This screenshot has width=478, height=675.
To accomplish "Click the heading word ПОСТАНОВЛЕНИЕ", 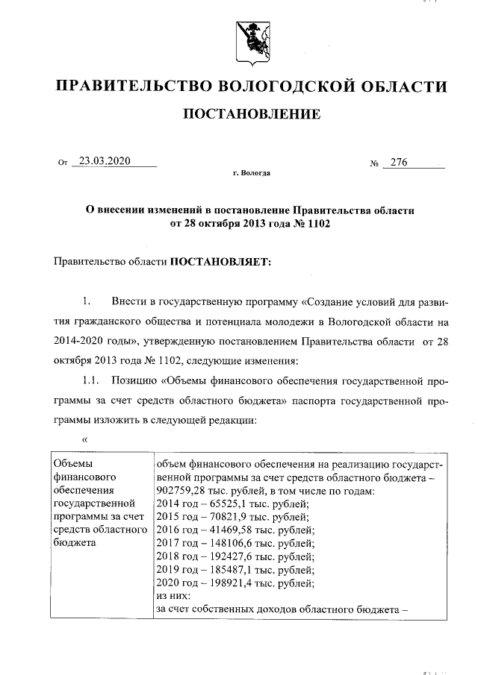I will [252, 114].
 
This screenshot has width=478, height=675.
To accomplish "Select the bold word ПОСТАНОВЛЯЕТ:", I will [223, 262].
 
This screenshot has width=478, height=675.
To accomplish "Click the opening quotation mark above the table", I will [85, 439].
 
